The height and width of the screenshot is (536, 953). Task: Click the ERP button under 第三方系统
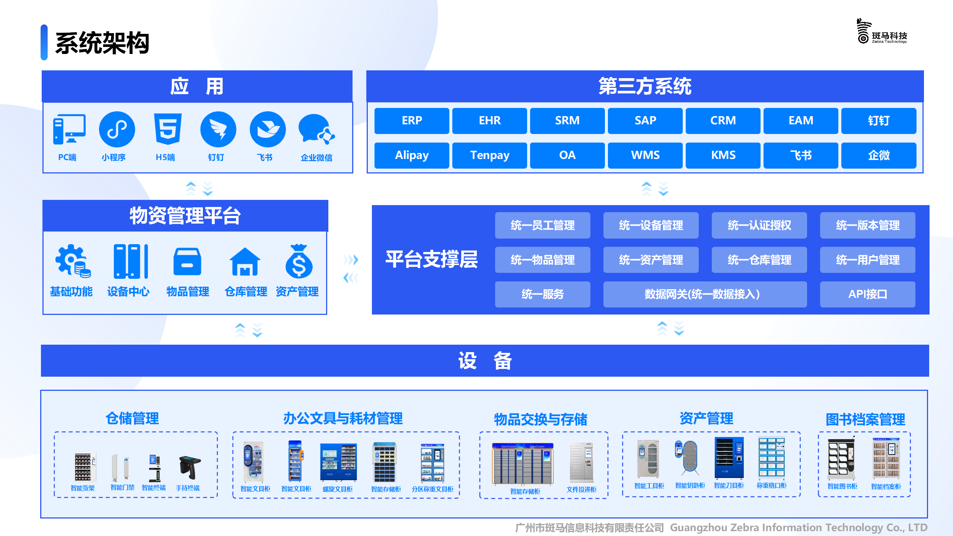pyautogui.click(x=412, y=121)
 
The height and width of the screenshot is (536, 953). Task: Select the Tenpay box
pyautogui.click(x=490, y=155)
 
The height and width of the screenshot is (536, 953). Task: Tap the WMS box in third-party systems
pyautogui.click(x=645, y=155)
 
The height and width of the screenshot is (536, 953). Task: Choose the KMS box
pyautogui.click(x=723, y=155)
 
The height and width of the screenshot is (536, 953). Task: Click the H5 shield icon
pyautogui.click(x=168, y=129)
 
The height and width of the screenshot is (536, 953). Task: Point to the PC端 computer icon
pyautogui.click(x=69, y=129)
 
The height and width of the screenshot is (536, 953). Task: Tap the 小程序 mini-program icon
pyautogui.click(x=117, y=129)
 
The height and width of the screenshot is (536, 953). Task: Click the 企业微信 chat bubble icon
pyautogui.click(x=316, y=129)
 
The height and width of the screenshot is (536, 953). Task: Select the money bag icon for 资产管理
pyautogui.click(x=299, y=261)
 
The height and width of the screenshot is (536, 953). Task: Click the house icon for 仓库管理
pyautogui.click(x=245, y=262)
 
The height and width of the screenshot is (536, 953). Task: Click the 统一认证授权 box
pyautogui.click(x=759, y=225)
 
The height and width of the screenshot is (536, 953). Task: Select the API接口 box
pyautogui.click(x=868, y=294)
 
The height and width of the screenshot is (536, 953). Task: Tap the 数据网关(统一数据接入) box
pyautogui.click(x=705, y=294)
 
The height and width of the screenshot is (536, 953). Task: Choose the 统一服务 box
pyautogui.click(x=543, y=294)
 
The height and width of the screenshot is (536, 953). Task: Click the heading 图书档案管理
pyautogui.click(x=865, y=419)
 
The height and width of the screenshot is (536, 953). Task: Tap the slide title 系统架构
pyautogui.click(x=102, y=43)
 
